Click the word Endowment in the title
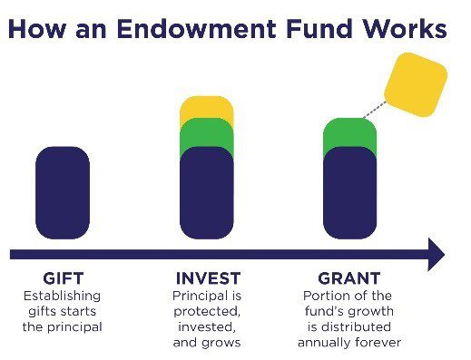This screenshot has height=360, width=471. [196, 29]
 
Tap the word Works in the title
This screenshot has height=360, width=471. [405, 29]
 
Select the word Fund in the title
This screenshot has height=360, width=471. [319, 29]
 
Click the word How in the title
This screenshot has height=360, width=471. [37, 29]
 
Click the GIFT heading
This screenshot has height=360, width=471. [64, 278]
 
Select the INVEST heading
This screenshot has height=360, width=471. [208, 278]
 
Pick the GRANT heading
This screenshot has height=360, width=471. [349, 278]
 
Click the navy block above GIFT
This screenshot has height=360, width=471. [63, 193]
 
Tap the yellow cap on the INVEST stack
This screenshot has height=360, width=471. [207, 107]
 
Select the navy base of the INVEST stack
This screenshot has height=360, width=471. [207, 193]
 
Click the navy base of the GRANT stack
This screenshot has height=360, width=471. [350, 193]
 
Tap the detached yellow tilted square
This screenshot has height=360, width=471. [416, 84]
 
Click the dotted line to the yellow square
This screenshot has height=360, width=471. [375, 110]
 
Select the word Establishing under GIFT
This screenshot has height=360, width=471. [62, 297]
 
